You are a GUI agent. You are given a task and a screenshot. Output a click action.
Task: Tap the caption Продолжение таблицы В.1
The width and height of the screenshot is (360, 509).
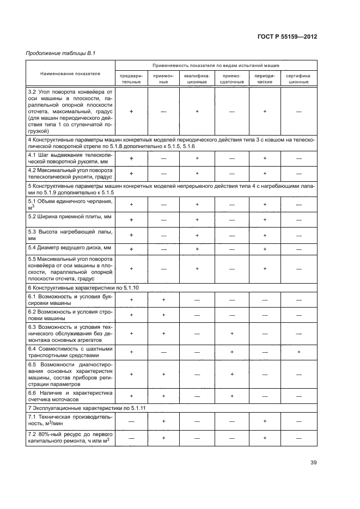(53, 53)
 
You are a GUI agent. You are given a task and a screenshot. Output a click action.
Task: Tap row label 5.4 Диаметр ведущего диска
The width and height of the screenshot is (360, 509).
(69, 248)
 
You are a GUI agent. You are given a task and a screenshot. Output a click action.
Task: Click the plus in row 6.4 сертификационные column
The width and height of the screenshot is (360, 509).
(298, 352)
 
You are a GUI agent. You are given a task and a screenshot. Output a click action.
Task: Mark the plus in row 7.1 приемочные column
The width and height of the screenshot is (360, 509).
(163, 421)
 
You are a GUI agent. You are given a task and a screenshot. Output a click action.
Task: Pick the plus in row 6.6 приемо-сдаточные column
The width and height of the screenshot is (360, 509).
(231, 396)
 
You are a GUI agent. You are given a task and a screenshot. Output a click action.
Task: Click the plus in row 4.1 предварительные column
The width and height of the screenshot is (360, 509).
(131, 158)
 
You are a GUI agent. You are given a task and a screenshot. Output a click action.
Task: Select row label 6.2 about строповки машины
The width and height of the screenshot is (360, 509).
(70, 314)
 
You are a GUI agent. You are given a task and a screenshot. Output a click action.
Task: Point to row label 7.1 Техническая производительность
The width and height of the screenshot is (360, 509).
(70, 420)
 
